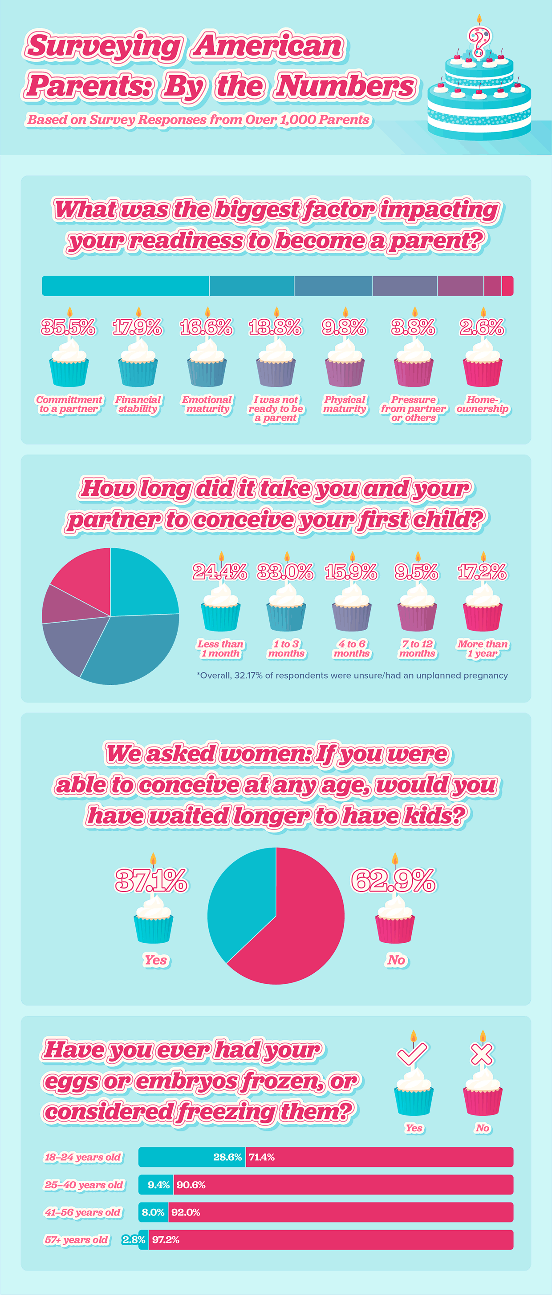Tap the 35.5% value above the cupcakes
(69, 328)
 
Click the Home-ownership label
(483, 404)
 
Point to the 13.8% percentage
(275, 328)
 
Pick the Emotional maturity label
(207, 404)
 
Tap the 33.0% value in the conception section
(285, 572)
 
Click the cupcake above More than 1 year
(483, 612)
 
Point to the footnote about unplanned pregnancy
(352, 675)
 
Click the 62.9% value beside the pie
(394, 881)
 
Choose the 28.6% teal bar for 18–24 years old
(191, 1157)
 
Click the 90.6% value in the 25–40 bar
(191, 1185)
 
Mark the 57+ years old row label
(77, 1240)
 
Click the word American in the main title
(269, 46)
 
